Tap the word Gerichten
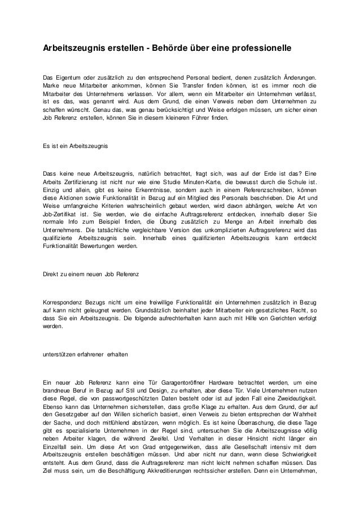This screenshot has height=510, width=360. pos(258,320)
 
